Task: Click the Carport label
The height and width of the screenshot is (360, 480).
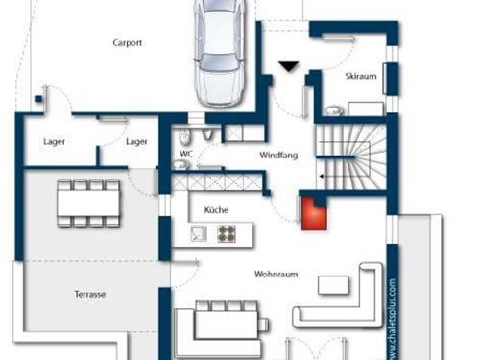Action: click(128, 43)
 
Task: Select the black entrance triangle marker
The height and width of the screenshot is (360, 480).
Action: click(289, 66)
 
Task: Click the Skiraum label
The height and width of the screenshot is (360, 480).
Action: click(361, 76)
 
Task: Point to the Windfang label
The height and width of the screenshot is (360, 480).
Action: click(278, 156)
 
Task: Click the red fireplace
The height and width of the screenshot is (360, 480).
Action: click(314, 213)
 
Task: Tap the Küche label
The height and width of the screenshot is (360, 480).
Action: click(216, 210)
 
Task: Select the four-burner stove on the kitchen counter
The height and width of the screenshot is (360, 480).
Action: click(227, 233)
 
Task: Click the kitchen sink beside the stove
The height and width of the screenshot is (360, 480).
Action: click(199, 233)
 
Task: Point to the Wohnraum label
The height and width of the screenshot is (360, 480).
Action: click(276, 275)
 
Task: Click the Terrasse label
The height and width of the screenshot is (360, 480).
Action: click(90, 294)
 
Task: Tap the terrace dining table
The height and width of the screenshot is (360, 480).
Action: click(88, 204)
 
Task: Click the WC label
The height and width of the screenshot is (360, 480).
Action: click(186, 154)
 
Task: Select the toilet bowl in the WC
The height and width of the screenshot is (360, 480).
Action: click(185, 137)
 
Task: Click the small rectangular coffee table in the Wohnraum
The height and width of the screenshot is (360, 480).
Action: click(333, 285)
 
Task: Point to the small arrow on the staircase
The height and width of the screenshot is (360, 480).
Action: click(322, 176)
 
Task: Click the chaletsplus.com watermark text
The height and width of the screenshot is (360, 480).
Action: click(393, 320)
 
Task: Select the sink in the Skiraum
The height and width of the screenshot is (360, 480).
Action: click(334, 110)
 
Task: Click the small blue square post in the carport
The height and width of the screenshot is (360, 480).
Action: click(38, 99)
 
